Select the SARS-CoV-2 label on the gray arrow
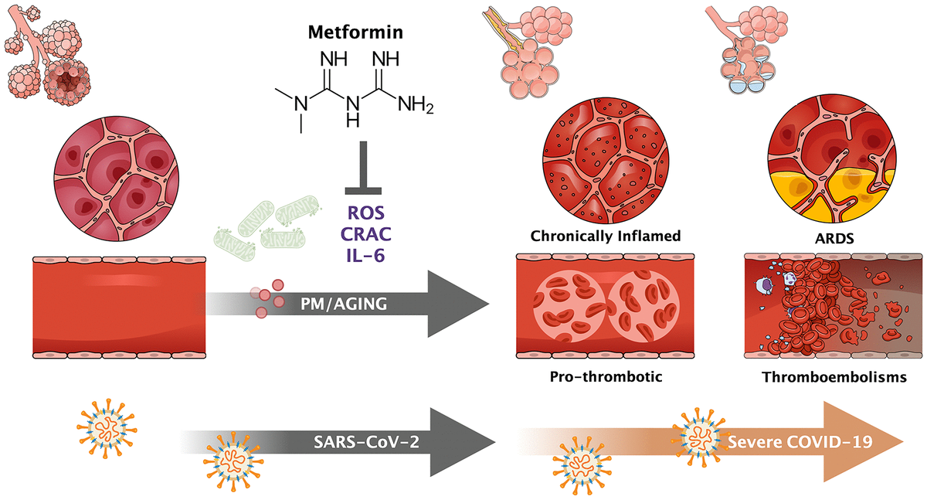[359, 441]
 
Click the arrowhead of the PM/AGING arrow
[463, 304]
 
